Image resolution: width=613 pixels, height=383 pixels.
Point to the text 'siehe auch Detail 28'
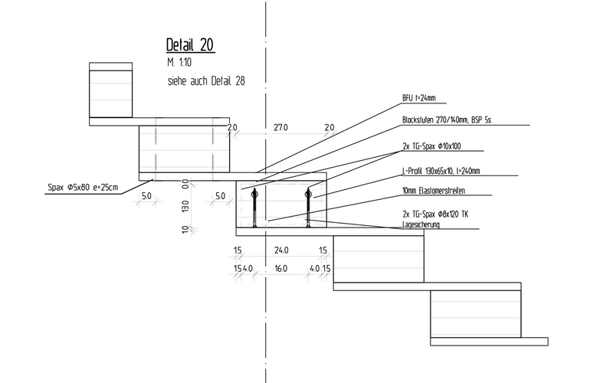205,79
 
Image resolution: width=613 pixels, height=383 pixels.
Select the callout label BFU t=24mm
419,98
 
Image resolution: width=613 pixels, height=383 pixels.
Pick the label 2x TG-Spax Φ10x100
431,145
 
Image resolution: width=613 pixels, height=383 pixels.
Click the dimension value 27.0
281,127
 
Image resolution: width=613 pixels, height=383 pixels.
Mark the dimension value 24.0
280,250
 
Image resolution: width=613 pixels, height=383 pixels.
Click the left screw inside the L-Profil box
253,207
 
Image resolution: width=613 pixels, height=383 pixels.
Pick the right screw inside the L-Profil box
308,207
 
